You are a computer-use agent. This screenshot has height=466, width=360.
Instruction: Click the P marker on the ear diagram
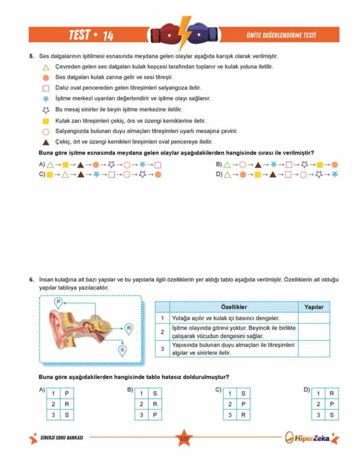click(58, 302)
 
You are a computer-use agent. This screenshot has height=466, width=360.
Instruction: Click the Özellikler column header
click(233, 307)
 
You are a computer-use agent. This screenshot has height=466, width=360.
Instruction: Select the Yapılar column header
click(313, 307)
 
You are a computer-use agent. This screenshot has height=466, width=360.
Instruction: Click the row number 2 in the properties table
click(162, 332)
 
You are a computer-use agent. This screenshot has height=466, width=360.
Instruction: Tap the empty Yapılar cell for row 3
click(313, 349)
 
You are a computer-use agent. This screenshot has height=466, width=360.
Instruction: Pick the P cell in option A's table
click(67, 393)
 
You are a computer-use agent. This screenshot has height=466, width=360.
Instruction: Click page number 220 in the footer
click(183, 439)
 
